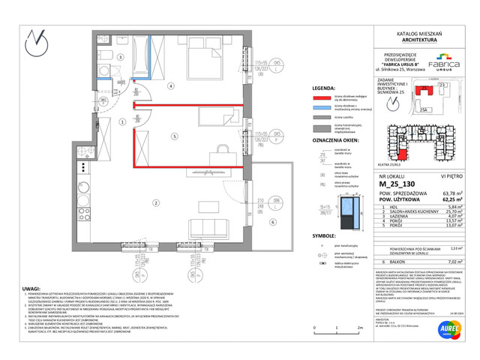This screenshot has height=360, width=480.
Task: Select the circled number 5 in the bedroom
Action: (173, 137)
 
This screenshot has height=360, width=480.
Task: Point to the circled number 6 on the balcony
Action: (272, 223)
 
